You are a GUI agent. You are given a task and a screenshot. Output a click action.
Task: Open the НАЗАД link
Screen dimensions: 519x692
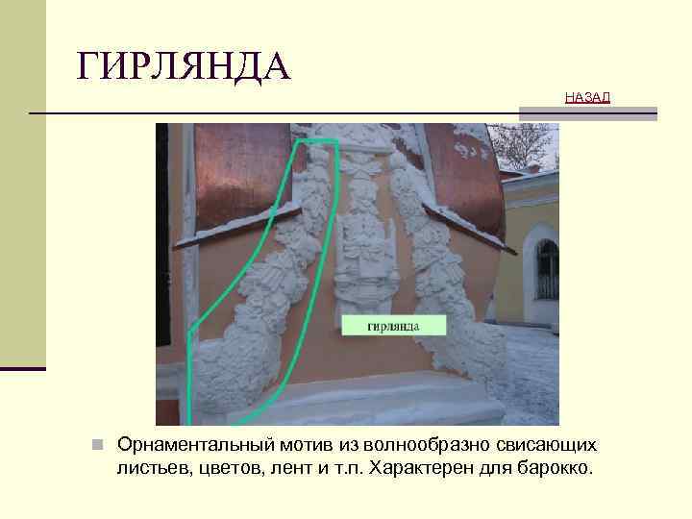(x=586, y=98)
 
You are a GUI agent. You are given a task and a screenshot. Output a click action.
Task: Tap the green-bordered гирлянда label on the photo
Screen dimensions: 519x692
(x=394, y=325)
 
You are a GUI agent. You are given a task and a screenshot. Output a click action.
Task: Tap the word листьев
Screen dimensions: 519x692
(x=152, y=470)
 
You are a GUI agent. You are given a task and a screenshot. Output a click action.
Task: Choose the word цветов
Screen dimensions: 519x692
(x=228, y=470)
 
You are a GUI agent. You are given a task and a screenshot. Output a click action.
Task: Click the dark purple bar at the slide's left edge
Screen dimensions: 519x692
(x=22, y=368)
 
